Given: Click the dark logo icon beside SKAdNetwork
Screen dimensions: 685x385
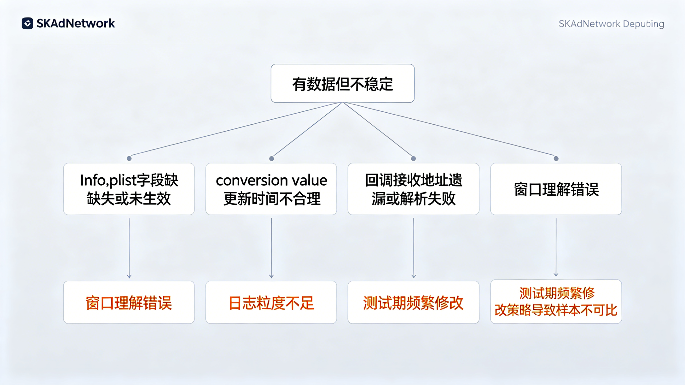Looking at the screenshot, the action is pos(27,23).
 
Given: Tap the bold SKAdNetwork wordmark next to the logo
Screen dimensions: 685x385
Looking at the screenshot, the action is pos(76,23).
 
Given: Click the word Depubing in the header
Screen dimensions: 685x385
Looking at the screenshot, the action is pos(644,24).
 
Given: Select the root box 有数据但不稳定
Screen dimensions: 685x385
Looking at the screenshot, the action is pos(342,83).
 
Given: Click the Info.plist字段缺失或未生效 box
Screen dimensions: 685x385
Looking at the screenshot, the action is pos(129,189).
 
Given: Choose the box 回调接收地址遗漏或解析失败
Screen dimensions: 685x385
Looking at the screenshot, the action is pos(414,189).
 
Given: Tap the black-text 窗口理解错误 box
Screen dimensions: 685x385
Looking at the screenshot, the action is pos(556,189).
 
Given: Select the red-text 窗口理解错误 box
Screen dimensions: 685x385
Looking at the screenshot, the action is pos(129,302).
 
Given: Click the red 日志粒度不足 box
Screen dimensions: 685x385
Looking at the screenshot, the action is pos(271,302).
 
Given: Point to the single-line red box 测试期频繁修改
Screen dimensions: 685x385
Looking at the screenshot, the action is pos(414,302).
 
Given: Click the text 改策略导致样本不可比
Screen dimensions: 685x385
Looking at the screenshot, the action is pos(556,310).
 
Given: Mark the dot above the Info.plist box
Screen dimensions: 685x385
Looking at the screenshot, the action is pos(129,159).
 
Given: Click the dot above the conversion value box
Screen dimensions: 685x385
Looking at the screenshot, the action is pos(271,159).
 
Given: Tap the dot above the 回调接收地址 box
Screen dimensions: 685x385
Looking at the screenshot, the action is pos(414,159).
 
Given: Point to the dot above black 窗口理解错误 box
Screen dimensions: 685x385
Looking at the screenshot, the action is pos(556,159).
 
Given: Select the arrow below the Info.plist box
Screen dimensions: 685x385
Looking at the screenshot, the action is pos(129,248).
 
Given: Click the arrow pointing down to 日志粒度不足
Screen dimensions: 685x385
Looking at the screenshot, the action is pos(271,248).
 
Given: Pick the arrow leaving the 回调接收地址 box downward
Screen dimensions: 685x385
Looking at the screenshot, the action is pos(414,248).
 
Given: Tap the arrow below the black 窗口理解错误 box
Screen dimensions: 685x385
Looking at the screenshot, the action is pos(556,247).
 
